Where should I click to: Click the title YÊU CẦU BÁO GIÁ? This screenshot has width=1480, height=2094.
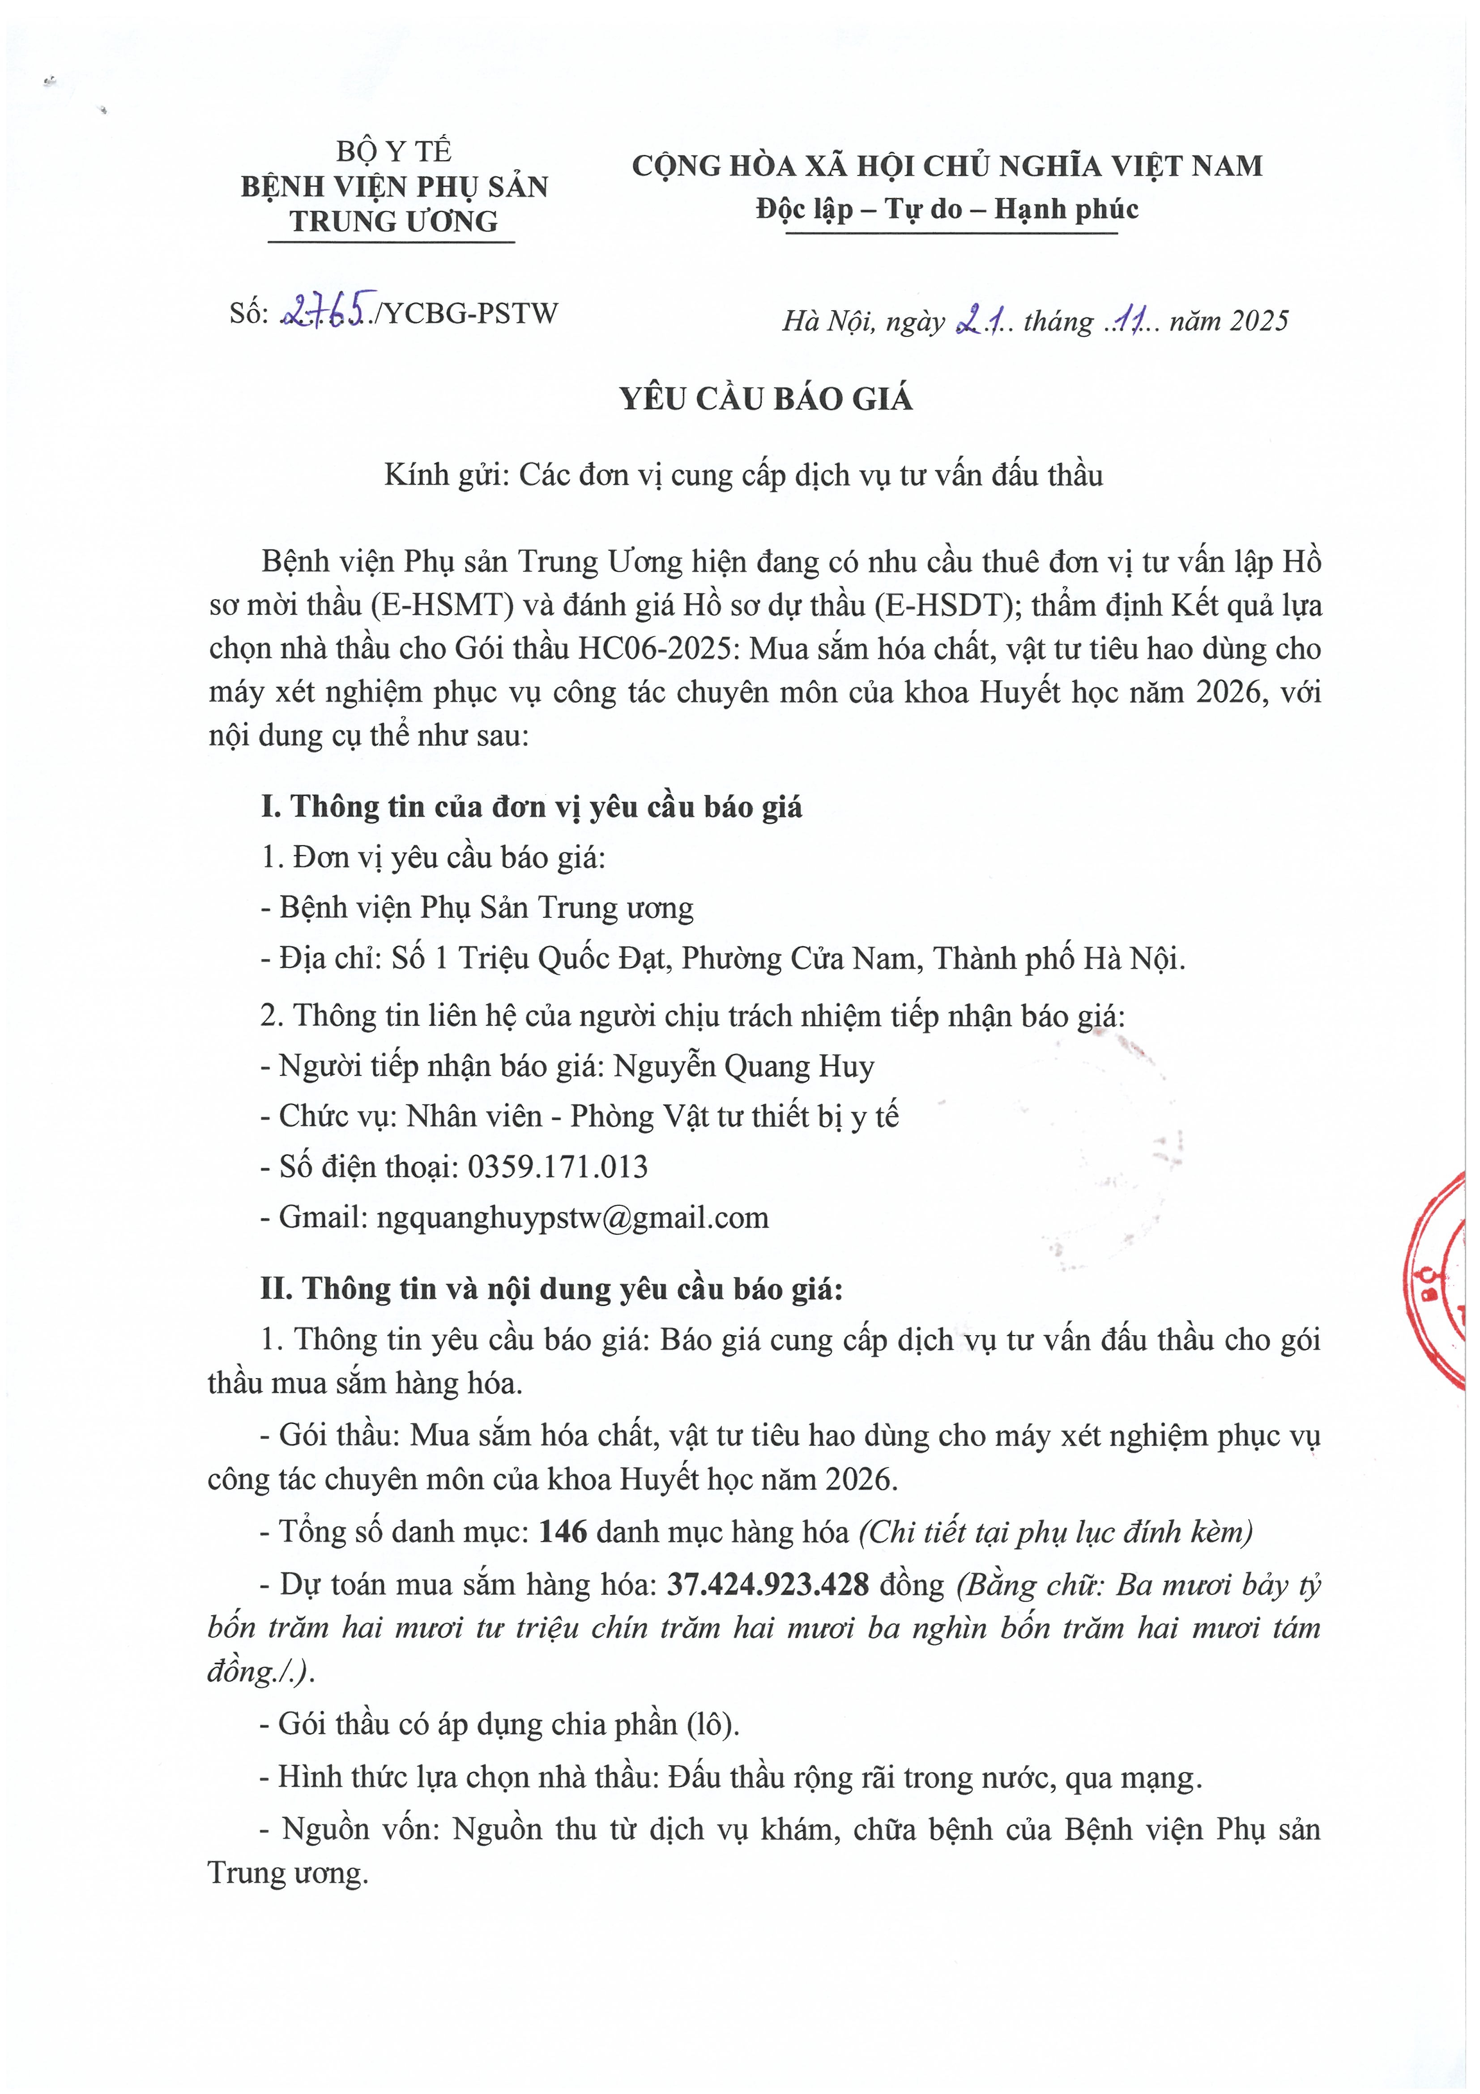(x=766, y=399)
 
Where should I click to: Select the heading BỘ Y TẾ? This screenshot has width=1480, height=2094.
(x=394, y=150)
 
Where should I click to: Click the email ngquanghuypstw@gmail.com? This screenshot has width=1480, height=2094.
(x=573, y=1217)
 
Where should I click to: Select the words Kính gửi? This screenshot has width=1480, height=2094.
(x=444, y=475)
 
